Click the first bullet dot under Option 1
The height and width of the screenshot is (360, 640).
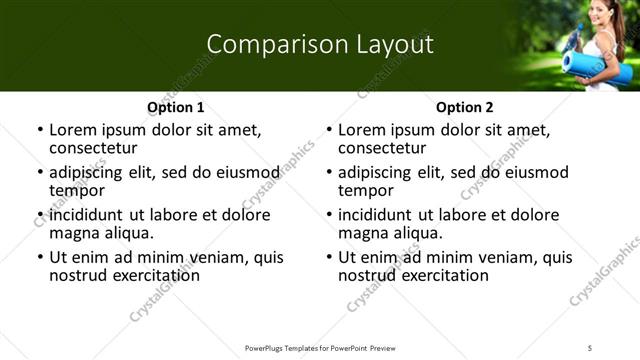pos(39,131)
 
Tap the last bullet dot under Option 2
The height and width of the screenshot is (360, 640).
pos(329,258)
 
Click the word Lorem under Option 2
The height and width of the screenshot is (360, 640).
pos(362,130)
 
